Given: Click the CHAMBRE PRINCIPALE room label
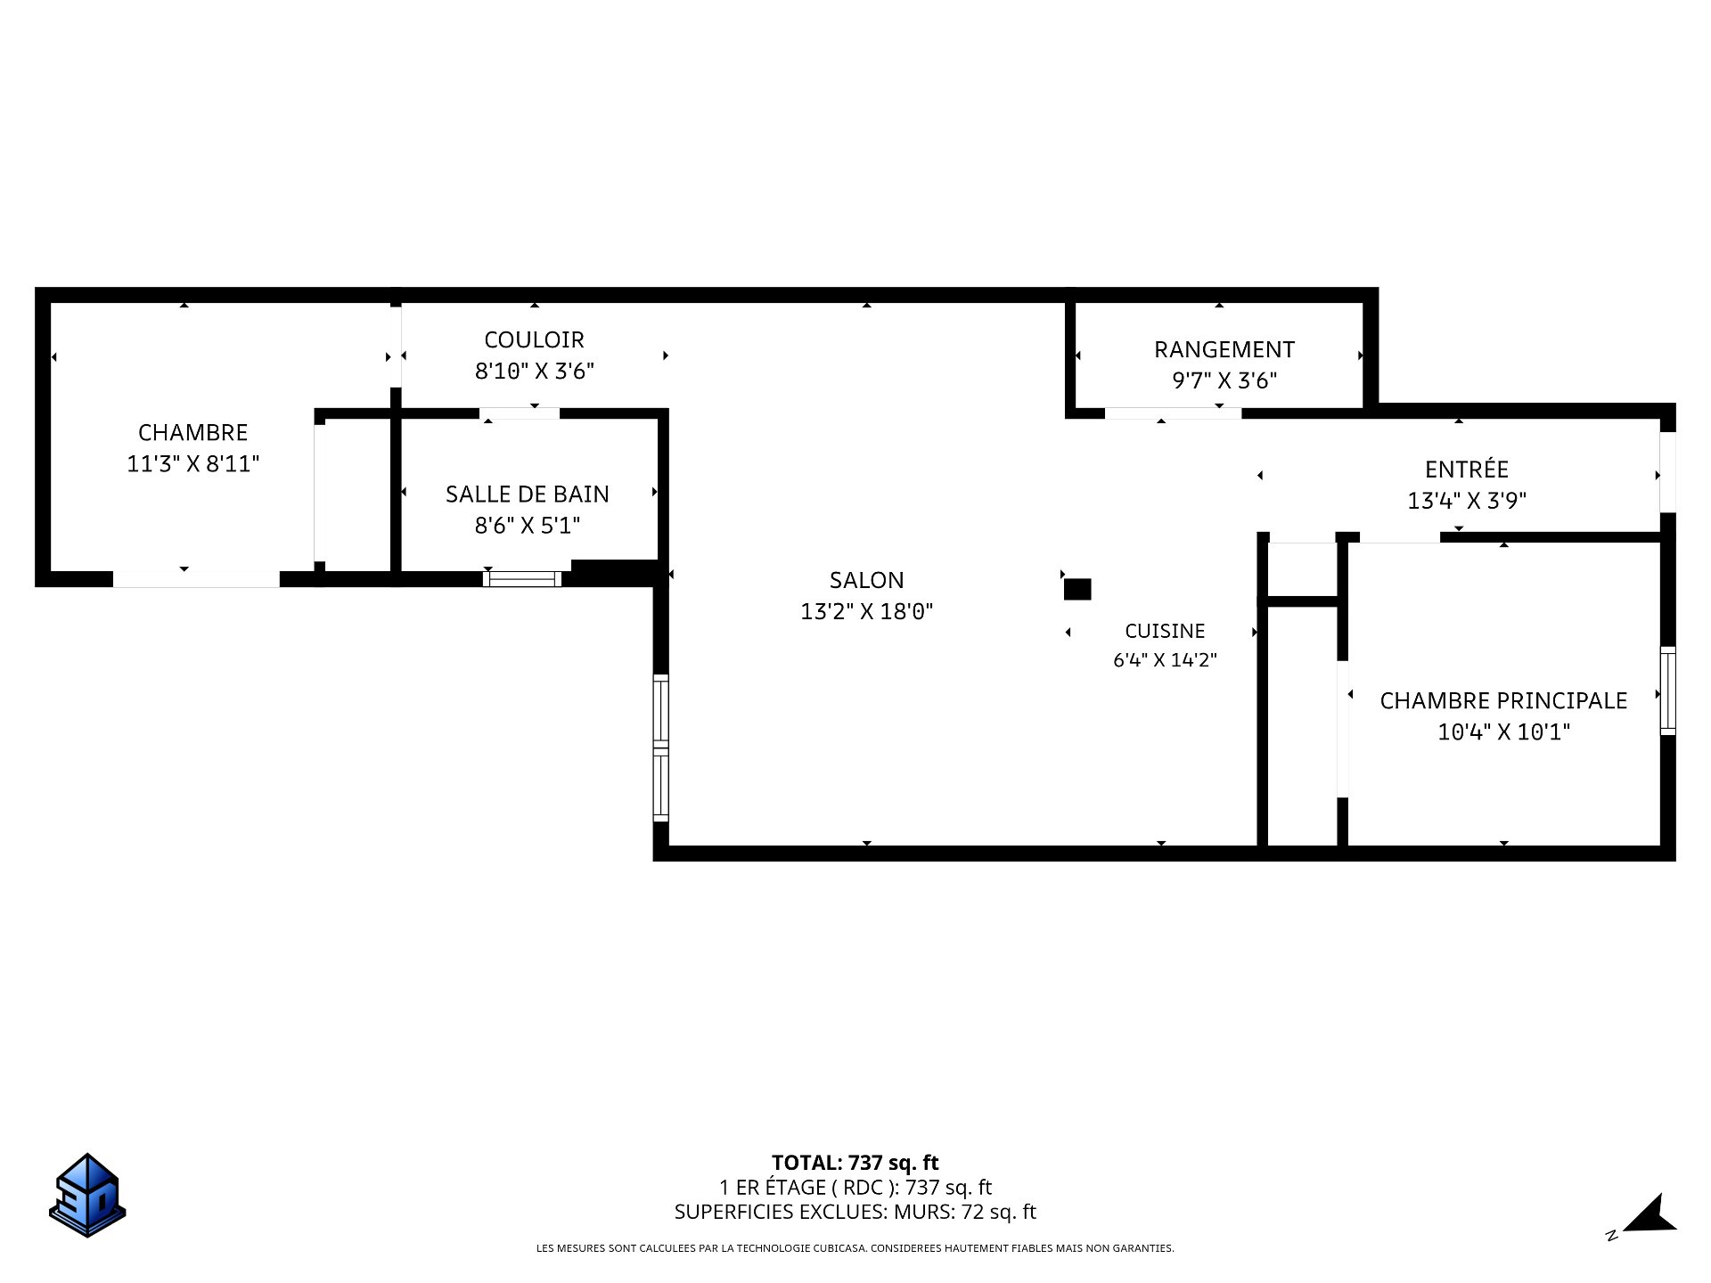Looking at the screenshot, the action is pos(1503,700).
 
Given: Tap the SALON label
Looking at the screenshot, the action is pos(866,580).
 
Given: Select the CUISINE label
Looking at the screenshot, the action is pos(1165,631).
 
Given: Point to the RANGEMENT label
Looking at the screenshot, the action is pos(1224,349).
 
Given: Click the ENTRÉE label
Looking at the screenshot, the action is pos(1466,469).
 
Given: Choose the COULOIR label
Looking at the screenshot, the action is pos(534,339).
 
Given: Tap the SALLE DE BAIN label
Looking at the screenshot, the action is pos(528,494).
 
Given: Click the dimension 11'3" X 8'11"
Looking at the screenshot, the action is pos(192,463).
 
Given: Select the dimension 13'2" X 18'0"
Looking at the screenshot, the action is pos(866,611).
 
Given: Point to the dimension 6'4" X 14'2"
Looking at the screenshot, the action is pos(1165,660).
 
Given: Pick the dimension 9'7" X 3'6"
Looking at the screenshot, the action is pos(1224,380).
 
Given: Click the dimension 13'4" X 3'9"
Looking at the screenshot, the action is pos(1466,501).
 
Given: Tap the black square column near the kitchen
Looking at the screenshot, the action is pos(1077,589).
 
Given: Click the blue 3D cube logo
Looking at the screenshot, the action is pos(87,1195).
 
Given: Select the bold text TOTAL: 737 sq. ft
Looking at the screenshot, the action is pos(855,1163).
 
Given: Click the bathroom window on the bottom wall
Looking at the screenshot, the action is pos(522,579).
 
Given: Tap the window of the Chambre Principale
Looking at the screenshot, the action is pos(1667,691).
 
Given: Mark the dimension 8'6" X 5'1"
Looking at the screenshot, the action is pos(528,526).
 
